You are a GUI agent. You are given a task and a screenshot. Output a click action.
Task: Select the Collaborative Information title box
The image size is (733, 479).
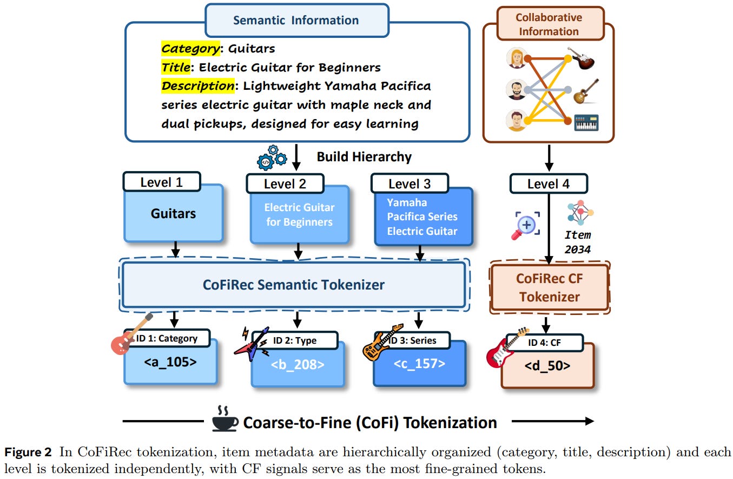548,24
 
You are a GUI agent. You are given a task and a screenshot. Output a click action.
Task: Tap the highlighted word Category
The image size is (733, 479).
190,49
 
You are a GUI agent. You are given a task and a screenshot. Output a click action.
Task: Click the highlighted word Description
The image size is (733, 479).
197,86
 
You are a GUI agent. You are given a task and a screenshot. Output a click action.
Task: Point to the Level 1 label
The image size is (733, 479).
161,182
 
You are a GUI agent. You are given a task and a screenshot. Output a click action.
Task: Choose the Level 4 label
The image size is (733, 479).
548,184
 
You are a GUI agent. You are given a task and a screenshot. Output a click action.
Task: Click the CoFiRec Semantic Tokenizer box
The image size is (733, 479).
294,285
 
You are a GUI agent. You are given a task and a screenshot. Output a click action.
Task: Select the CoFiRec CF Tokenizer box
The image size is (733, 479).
549,288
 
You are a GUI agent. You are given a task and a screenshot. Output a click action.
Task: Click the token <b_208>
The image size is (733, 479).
298,364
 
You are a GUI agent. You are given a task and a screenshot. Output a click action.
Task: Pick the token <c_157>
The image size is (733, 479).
419,363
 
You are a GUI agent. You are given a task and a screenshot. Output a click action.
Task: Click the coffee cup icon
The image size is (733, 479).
224,419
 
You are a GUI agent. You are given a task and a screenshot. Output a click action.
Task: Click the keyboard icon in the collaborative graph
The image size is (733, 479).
586,122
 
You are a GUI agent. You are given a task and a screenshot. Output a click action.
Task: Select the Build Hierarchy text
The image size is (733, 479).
364,157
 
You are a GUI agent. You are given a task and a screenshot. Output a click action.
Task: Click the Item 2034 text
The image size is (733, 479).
578,242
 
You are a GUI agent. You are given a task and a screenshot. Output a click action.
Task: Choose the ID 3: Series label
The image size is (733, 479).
414,340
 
